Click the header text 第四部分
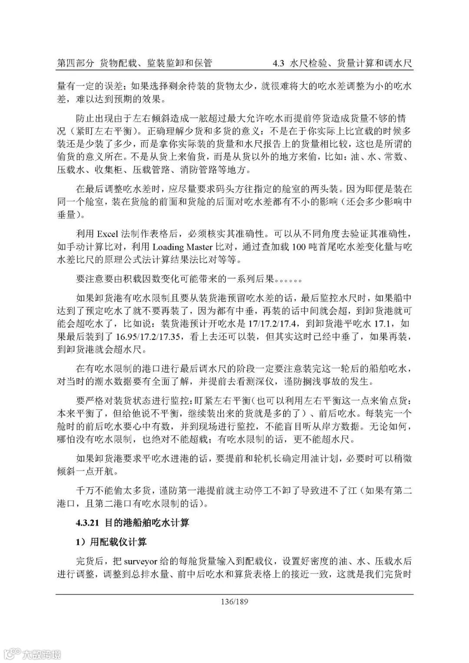click(x=76, y=63)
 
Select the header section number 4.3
click(x=278, y=63)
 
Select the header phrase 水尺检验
click(x=308, y=63)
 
